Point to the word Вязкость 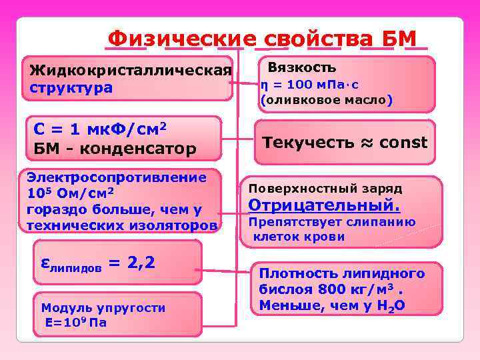[301, 68]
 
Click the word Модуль [61, 307]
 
